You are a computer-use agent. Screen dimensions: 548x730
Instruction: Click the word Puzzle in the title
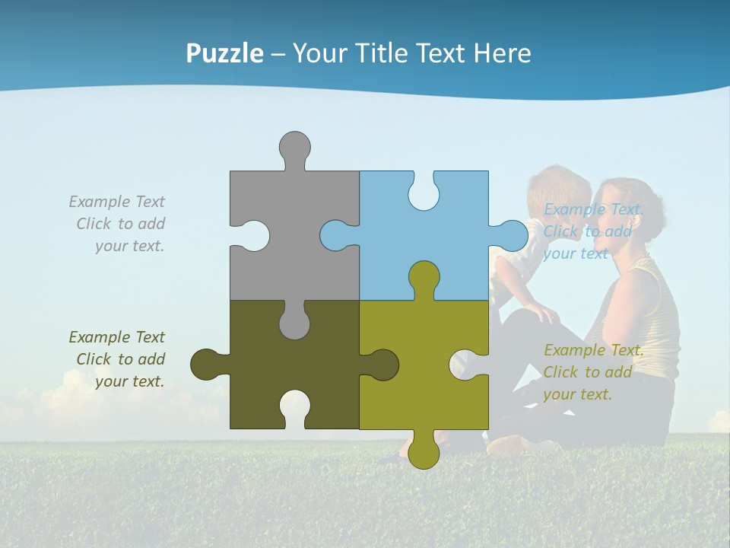point(224,53)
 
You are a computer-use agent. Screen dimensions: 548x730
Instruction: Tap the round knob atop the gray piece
point(294,147)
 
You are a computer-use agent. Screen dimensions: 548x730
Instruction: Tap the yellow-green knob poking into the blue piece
point(424,278)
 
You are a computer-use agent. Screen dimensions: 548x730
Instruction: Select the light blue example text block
point(592,231)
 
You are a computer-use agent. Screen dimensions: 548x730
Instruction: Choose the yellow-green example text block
point(592,372)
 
